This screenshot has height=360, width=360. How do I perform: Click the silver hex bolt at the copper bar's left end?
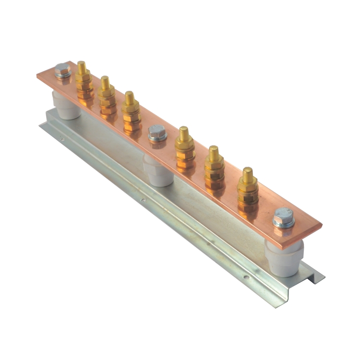pos(62,71)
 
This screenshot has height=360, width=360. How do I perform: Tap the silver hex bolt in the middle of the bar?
pos(157,132)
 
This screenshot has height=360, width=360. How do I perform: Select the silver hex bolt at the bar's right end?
pos(283,218)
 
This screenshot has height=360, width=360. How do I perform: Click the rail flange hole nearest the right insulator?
pos(245,276)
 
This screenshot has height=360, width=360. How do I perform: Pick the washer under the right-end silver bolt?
pos(284,223)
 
